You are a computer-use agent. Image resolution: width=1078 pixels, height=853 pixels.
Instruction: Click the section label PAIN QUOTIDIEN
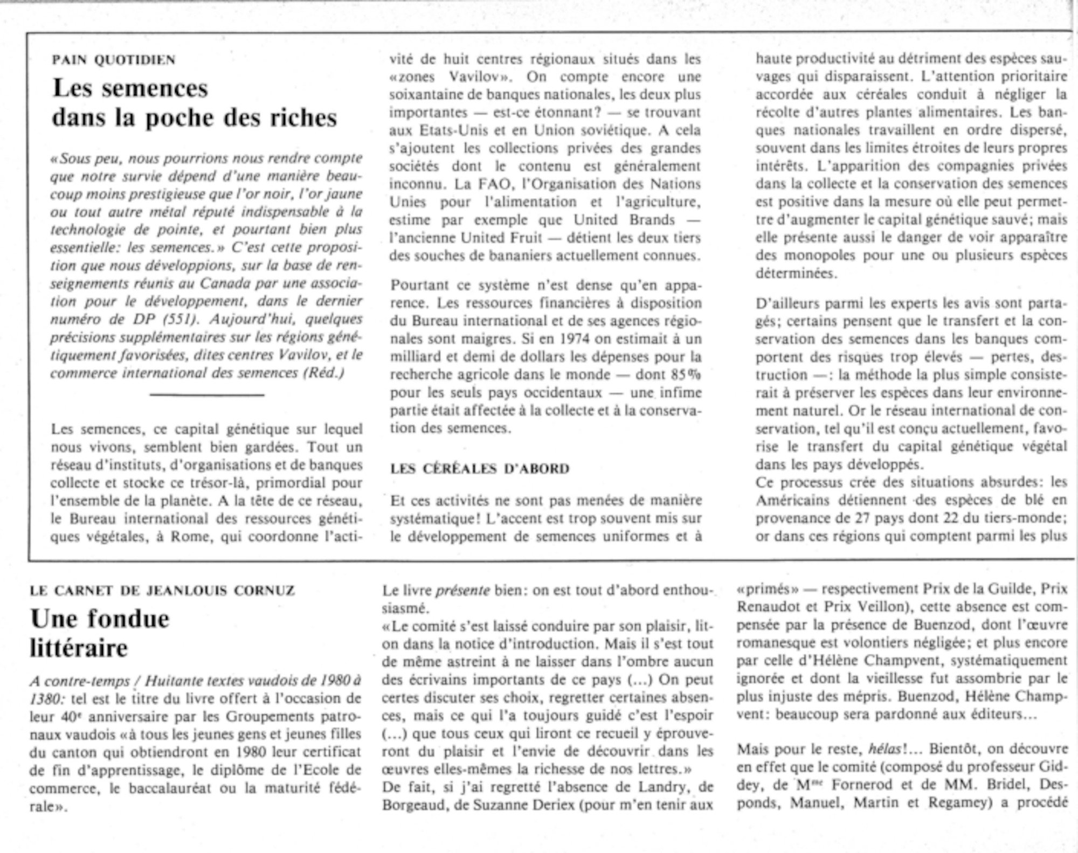pyautogui.click(x=113, y=59)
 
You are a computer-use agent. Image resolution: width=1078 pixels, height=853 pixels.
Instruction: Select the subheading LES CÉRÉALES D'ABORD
pyautogui.click(x=480, y=469)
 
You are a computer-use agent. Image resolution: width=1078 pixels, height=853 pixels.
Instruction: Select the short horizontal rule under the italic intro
pyautogui.click(x=206, y=396)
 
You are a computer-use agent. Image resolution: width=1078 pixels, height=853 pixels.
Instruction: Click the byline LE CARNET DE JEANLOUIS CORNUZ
pyautogui.click(x=162, y=591)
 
